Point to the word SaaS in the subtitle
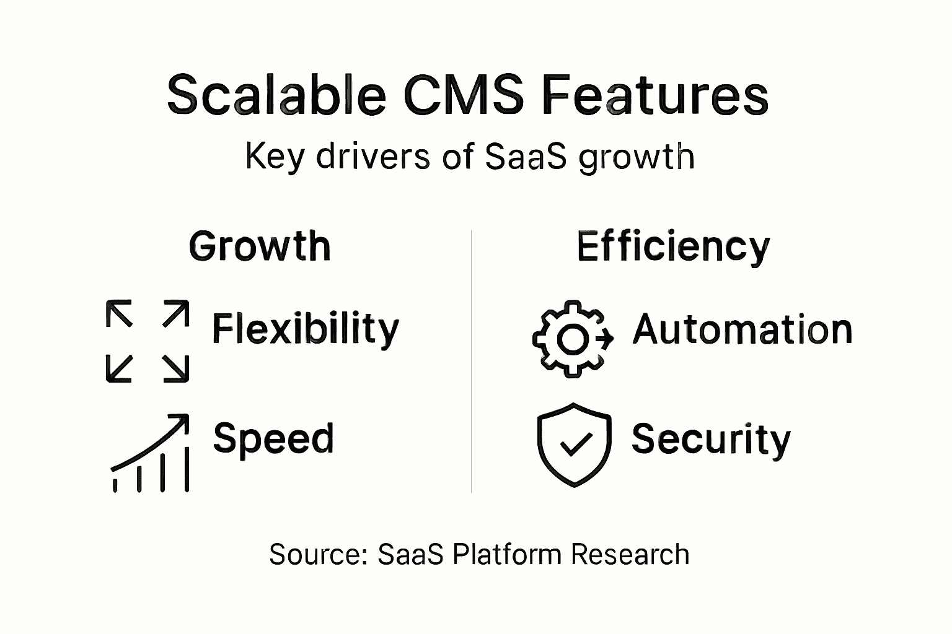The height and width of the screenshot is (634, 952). (x=526, y=156)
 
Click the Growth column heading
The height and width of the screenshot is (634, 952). (x=260, y=246)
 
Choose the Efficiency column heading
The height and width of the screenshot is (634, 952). (x=673, y=247)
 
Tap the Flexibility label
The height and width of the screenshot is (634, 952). (x=306, y=329)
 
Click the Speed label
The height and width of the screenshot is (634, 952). (x=273, y=439)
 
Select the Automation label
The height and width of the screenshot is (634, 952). (x=743, y=329)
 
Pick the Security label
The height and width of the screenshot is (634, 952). (x=711, y=440)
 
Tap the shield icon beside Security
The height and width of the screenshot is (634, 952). (x=574, y=445)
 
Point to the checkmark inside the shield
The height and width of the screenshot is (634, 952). (x=575, y=443)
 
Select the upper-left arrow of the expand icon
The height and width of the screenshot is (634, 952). (x=119, y=313)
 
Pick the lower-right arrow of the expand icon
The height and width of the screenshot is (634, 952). (x=176, y=368)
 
